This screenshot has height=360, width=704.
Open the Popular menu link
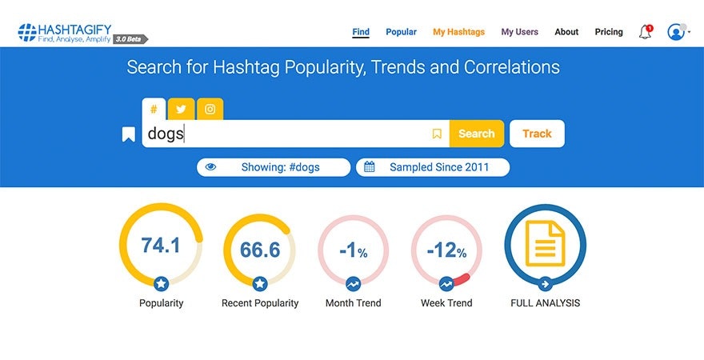pyautogui.click(x=401, y=32)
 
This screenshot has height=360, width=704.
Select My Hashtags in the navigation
pyautogui.click(x=458, y=32)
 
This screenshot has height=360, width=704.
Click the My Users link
pyautogui.click(x=519, y=32)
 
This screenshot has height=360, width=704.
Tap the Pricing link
pyautogui.click(x=609, y=32)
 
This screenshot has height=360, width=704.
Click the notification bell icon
pyautogui.click(x=645, y=32)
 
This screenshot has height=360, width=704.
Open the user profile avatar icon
pyautogui.click(x=677, y=32)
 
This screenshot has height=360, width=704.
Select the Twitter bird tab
pyautogui.click(x=181, y=110)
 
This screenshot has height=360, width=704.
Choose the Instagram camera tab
pyautogui.click(x=210, y=110)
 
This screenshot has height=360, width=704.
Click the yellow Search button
pyautogui.click(x=476, y=134)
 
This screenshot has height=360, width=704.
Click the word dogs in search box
pyautogui.click(x=166, y=134)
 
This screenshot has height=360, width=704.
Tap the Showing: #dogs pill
pyautogui.click(x=274, y=167)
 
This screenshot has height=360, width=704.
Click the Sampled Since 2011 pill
pyautogui.click(x=433, y=167)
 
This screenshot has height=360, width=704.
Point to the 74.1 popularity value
pyautogui.click(x=161, y=246)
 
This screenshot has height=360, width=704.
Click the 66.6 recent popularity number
pyautogui.click(x=260, y=250)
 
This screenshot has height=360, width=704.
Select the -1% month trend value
pyautogui.click(x=353, y=251)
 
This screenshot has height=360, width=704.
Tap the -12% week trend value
pyautogui.click(x=446, y=251)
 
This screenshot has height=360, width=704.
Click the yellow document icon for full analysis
pyautogui.click(x=545, y=244)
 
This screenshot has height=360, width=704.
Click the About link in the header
pyautogui.click(x=566, y=32)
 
